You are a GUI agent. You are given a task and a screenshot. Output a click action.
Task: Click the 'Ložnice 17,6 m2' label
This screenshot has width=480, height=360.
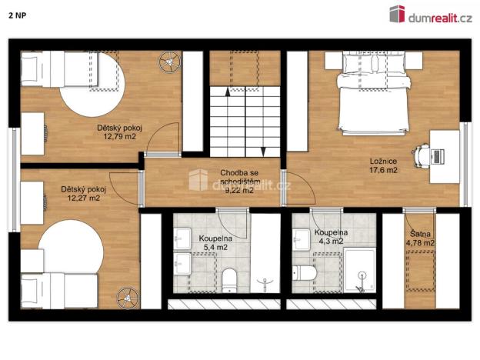[x=382, y=165]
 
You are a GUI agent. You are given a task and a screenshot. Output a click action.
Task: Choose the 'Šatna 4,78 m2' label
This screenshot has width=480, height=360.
[x=420, y=238]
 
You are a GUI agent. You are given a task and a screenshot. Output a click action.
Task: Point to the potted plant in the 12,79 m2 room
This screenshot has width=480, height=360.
[x=169, y=60]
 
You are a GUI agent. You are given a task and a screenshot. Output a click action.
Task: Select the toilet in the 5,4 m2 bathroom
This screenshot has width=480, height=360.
[x=230, y=278]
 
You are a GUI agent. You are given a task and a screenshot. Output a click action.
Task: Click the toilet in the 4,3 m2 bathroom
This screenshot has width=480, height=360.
[x=303, y=272]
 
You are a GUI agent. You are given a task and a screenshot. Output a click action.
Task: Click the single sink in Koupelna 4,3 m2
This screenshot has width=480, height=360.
[x=301, y=237]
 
